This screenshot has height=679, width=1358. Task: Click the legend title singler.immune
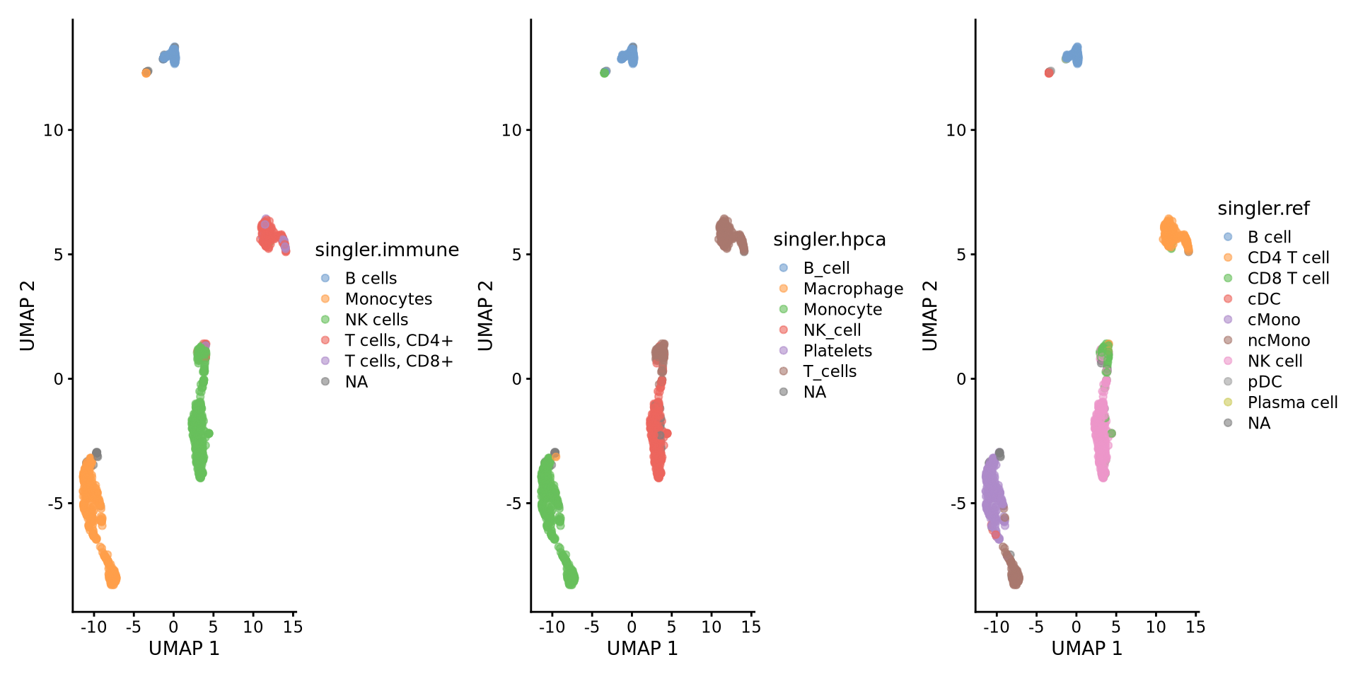click(x=386, y=250)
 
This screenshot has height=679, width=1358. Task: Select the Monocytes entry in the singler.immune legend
click(x=388, y=299)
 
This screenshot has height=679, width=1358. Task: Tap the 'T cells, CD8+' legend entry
click(x=398, y=361)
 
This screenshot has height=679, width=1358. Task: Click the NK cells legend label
click(x=376, y=320)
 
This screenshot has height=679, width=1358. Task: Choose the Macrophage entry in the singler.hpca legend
click(x=852, y=289)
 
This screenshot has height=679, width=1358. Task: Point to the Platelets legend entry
click(x=837, y=351)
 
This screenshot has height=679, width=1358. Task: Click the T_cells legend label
click(x=829, y=371)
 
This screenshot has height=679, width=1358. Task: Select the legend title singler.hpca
click(x=829, y=240)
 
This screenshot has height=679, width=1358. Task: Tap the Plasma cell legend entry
click(x=1292, y=402)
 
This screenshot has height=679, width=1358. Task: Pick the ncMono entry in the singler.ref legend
click(x=1278, y=341)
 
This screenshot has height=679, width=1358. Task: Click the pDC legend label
click(x=1264, y=382)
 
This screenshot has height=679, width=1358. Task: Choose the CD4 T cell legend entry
click(x=1287, y=258)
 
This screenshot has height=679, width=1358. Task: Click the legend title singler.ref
click(x=1263, y=209)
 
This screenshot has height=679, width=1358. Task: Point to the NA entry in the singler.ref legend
click(x=1258, y=423)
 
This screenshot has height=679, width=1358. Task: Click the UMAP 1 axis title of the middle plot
click(x=642, y=649)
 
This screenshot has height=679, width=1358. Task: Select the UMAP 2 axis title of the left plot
click(x=28, y=315)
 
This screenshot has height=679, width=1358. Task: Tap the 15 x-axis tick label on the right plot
click(x=1195, y=627)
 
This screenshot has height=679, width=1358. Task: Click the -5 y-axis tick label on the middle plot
click(x=513, y=504)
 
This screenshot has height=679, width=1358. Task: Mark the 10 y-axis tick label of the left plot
click(x=53, y=130)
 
